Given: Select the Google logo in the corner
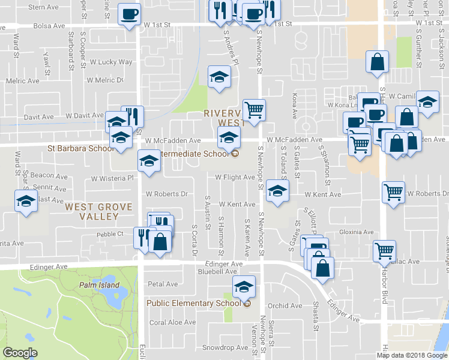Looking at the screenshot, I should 20,353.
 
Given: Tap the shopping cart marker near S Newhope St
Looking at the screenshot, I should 255,110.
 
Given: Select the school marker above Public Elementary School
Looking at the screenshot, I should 244,288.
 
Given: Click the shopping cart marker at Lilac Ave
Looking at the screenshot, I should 384,250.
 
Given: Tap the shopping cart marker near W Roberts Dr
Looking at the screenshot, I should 393,193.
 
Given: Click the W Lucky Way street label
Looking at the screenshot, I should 111,62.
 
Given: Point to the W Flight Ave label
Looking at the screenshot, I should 235,177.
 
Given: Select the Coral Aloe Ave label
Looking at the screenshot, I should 173,322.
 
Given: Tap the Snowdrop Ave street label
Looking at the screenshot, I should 224,347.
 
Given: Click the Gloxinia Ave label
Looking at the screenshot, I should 357,232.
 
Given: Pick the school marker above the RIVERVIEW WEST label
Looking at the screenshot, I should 219,77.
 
